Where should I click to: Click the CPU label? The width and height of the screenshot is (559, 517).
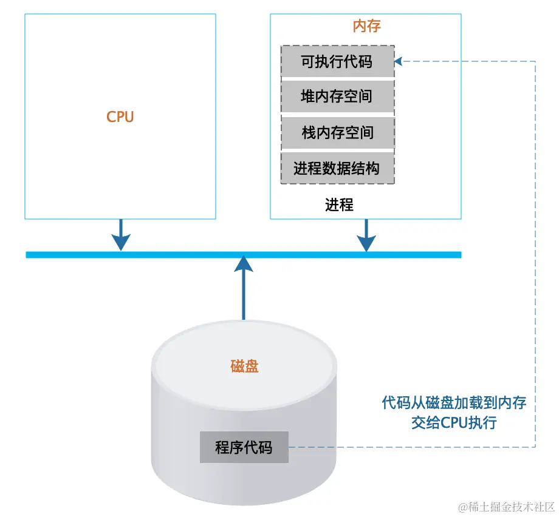click(x=120, y=117)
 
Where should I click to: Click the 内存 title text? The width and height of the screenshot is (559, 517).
click(x=366, y=26)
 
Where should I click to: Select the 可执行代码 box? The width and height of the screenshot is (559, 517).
click(x=337, y=61)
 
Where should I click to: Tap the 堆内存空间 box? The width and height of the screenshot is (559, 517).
click(x=337, y=96)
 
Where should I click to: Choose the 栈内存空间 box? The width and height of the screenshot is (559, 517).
click(x=337, y=132)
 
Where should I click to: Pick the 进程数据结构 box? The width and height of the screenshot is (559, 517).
click(x=337, y=168)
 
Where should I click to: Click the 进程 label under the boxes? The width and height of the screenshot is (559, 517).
click(x=339, y=205)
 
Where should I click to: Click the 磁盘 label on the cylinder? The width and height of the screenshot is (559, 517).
click(x=244, y=367)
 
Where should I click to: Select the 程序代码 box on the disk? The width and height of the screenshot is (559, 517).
click(x=244, y=448)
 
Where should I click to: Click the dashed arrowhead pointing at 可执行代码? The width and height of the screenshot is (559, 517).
click(x=399, y=61)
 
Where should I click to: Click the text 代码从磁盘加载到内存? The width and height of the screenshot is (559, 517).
click(x=454, y=403)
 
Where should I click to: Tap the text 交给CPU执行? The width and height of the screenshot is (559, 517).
click(x=454, y=422)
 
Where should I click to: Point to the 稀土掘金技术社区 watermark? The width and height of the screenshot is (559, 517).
click(x=507, y=506)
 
